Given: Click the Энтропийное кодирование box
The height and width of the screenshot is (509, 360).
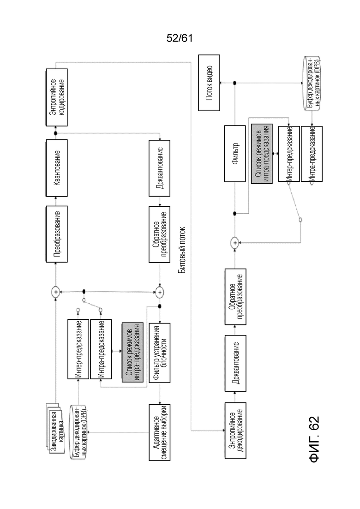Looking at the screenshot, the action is click(56, 97).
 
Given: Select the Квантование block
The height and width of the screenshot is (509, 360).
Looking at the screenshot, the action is click(56, 168).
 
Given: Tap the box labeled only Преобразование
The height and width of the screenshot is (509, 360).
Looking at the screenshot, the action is click(56, 234).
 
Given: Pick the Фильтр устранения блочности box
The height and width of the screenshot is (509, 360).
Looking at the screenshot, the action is click(159, 353).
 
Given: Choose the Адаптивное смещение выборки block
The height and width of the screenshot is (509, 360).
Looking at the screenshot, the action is click(159, 432).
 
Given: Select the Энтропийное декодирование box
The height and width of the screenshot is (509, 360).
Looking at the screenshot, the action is click(235, 431).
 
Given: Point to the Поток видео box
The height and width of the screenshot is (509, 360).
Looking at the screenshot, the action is click(209, 83).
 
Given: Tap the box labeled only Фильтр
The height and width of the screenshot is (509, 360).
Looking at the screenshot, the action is click(235, 154).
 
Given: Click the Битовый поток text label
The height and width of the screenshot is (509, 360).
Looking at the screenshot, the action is click(182, 250).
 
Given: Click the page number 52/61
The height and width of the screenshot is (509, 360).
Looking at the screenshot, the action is click(180, 38).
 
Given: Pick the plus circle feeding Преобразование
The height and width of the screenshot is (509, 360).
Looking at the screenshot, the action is click(56, 292).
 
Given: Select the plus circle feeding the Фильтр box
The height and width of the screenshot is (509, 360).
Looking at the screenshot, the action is click(235, 242).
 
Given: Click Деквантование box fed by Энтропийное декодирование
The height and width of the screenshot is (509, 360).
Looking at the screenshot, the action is click(235, 363).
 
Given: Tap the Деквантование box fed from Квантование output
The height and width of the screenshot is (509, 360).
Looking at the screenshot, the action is click(159, 168).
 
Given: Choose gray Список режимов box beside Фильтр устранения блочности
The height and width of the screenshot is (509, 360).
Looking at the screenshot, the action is click(132, 352).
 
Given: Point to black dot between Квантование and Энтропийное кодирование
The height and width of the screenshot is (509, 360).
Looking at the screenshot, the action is click(55, 133).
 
